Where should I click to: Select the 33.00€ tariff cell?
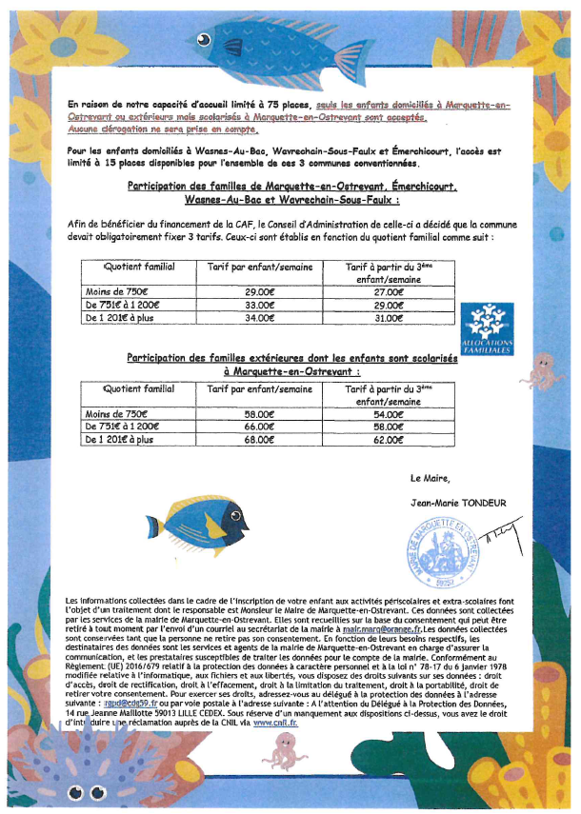tap(259, 306)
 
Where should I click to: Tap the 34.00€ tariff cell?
tap(259, 318)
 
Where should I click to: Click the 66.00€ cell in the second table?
tap(259, 429)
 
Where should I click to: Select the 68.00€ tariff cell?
tap(259, 442)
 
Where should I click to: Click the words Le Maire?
tap(428, 477)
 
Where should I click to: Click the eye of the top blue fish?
tap(202, 40)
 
